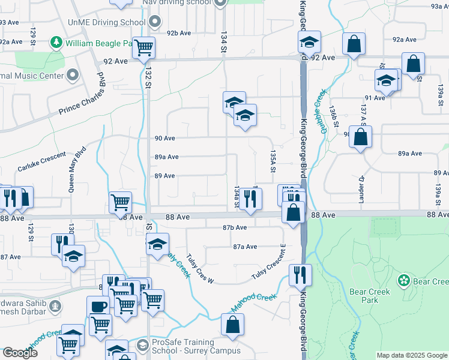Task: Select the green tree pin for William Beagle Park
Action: point(56,43)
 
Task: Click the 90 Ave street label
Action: point(164,138)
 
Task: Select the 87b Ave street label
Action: point(235,227)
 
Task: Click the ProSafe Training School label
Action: point(188,346)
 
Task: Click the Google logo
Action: point(20,353)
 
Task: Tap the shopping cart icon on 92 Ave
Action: point(144,47)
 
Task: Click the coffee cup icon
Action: point(98,306)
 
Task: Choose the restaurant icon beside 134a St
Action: point(251,199)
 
